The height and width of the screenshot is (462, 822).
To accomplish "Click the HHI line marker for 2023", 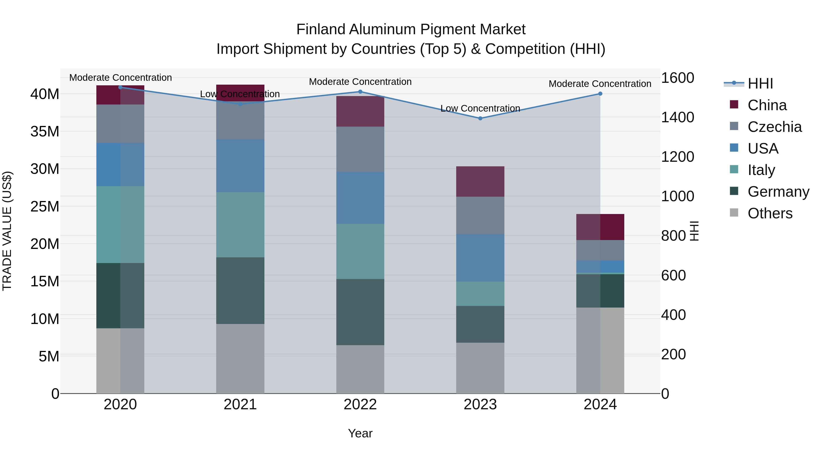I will click(480, 118).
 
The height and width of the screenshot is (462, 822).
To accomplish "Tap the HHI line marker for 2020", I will click(120, 87).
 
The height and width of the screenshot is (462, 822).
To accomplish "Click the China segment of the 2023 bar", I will click(480, 181).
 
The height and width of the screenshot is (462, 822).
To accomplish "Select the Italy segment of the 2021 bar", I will click(240, 224).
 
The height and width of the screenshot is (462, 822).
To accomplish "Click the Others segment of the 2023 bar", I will click(480, 368).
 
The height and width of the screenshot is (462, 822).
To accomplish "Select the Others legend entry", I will click(770, 213).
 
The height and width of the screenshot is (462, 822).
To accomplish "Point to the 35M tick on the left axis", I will click(45, 131).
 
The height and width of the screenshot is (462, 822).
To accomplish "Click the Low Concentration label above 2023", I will click(480, 108).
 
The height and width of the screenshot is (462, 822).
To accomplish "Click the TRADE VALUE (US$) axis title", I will click(7, 231).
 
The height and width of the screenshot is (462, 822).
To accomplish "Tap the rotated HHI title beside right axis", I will click(694, 231).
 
